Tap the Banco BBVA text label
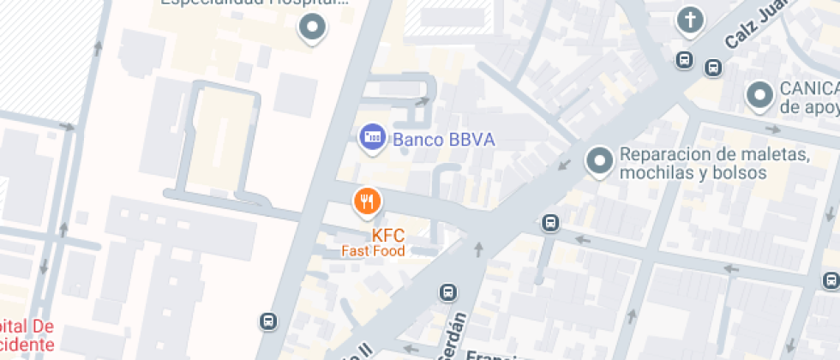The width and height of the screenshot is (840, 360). click(x=443, y=140)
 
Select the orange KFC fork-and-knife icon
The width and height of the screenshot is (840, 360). click(x=368, y=201)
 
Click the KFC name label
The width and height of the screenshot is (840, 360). click(x=387, y=235)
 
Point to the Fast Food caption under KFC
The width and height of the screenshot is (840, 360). click(x=373, y=251)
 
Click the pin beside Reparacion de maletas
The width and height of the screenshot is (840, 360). click(x=599, y=159)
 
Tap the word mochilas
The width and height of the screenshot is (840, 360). click(x=656, y=172)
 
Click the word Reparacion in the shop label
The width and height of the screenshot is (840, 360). click(x=662, y=154)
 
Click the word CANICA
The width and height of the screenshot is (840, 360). click(x=808, y=89)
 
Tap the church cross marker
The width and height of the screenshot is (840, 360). click(x=690, y=20)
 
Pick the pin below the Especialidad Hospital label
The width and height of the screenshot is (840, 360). click(x=312, y=27)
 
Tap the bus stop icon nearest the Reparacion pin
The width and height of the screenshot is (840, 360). click(x=551, y=223)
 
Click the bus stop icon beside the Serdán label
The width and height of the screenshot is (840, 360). click(x=447, y=292)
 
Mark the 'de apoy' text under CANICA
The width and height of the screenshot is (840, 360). click(x=808, y=106)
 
